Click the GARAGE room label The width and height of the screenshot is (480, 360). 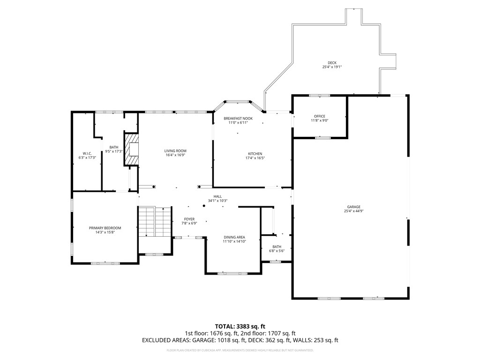click(x=353, y=207)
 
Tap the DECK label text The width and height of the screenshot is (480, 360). click(x=332, y=63)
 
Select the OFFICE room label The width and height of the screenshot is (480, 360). click(x=320, y=116)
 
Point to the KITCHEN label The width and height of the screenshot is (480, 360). click(x=255, y=154)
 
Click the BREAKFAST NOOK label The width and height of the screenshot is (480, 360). click(x=238, y=119)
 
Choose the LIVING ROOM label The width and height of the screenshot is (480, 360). click(x=175, y=151)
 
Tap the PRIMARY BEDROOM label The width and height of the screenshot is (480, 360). click(x=105, y=228)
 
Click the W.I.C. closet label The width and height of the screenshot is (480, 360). click(x=87, y=153)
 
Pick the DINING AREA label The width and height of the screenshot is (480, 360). click(x=234, y=237)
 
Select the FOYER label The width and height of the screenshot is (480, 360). click(x=189, y=219)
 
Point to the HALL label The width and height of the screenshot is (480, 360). click(x=217, y=196)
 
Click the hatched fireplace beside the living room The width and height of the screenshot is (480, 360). click(x=131, y=150)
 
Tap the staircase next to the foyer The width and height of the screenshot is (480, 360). click(x=155, y=222)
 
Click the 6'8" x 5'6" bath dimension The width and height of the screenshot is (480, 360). click(x=277, y=251)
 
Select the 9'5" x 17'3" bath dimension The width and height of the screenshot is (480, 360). click(x=114, y=151)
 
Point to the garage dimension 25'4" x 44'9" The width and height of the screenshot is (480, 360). click(x=353, y=211)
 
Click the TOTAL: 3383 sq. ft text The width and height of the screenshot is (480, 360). click(x=240, y=326)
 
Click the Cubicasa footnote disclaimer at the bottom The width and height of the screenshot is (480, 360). click(x=240, y=350)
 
